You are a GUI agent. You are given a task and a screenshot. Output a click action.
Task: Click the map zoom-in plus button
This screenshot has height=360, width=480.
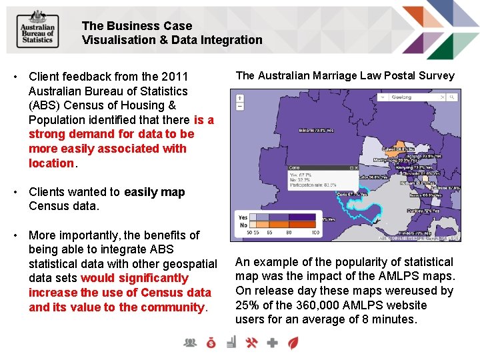tap(241, 97)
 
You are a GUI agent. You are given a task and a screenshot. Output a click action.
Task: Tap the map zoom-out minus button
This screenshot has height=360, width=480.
tap(241, 106)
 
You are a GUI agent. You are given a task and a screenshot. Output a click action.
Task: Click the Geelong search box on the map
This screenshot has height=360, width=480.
tap(410, 97)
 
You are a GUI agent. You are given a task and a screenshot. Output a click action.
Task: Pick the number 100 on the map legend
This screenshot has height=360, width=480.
tap(315, 233)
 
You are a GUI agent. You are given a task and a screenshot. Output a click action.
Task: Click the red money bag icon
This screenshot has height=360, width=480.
tap(211, 343)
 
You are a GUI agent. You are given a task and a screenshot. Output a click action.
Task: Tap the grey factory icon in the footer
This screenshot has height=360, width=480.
tap(231, 343)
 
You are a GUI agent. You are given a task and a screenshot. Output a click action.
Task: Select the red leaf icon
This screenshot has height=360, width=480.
tap(293, 343)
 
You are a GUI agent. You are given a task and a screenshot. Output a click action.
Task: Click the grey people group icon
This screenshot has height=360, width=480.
tap(191, 343)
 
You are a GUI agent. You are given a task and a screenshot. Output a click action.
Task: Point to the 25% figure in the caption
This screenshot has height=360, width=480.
tap(247, 305)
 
